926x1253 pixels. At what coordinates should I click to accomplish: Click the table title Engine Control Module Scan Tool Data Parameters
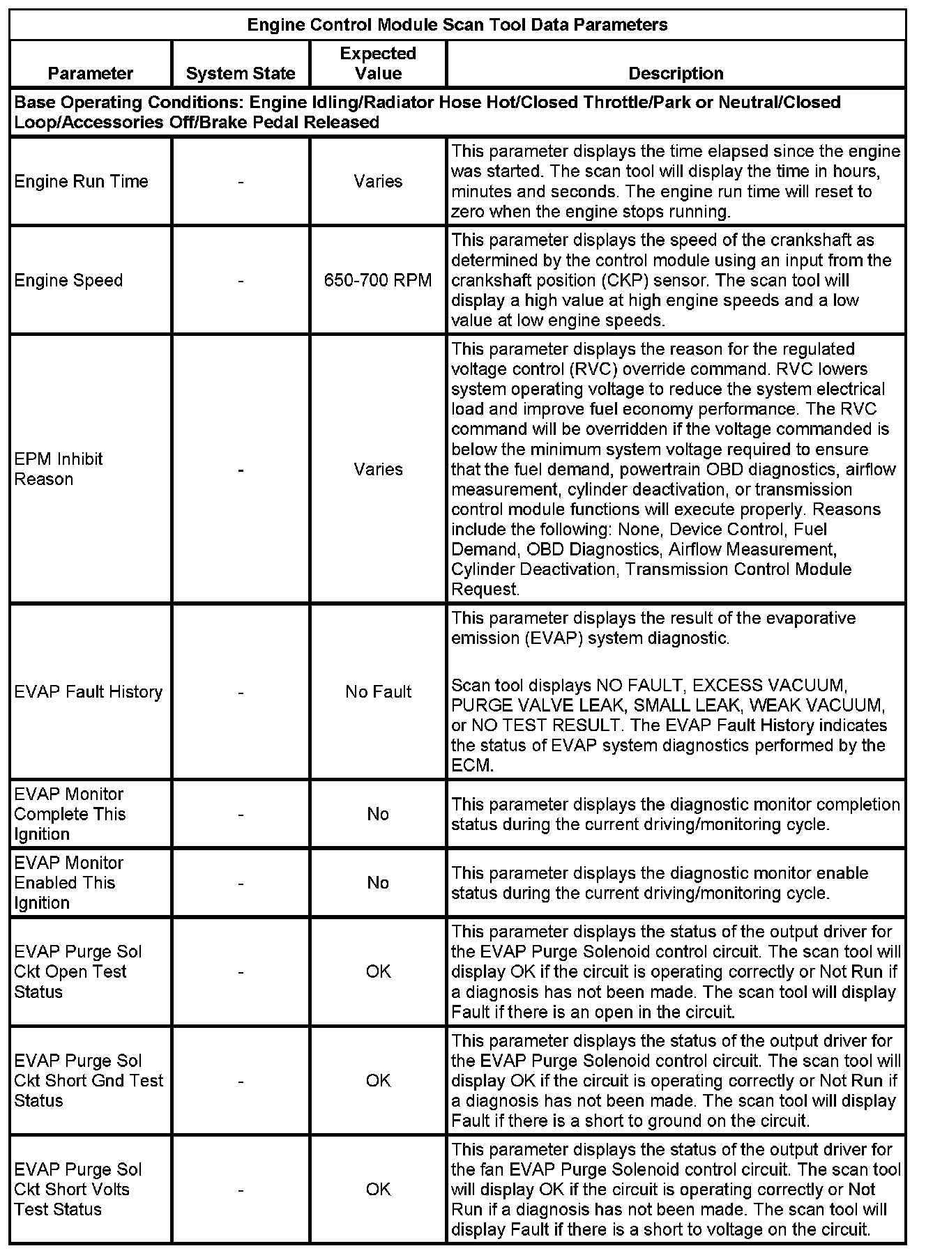pos(457,25)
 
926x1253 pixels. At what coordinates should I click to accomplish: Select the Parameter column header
pos(91,73)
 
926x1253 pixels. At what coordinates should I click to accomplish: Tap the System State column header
pos(241,73)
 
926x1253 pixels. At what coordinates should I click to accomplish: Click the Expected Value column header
pos(378,63)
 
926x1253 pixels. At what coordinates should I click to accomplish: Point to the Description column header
pos(676,73)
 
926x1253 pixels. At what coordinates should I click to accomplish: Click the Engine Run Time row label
pos(81,181)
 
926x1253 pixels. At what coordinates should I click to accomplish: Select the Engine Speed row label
pos(68,280)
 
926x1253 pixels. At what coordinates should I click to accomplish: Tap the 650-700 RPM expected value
pos(378,280)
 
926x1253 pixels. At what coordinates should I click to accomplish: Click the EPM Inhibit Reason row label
pos(59,469)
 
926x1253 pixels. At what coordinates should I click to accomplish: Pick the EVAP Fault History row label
pos(89,691)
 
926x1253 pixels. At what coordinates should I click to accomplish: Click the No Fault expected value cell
pos(378,691)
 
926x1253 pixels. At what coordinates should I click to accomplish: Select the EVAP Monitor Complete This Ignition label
pos(70,814)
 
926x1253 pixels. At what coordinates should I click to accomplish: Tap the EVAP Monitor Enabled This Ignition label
pos(68,882)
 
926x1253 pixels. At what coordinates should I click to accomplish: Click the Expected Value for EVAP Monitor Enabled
pos(378,882)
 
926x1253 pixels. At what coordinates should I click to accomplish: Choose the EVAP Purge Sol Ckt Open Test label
pos(77,971)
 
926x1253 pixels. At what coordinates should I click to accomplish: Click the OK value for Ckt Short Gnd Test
pos(378,1080)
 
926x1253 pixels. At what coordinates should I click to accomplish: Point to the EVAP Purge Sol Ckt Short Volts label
pos(77,1189)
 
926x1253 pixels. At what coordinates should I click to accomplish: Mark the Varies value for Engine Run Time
pos(378,181)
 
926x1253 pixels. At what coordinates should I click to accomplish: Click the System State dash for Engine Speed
pos(241,280)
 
